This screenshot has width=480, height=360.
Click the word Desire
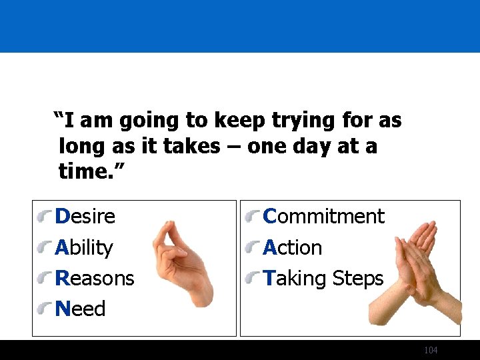point(85,217)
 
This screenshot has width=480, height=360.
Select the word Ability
point(84,248)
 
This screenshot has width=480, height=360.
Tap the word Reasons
point(95,278)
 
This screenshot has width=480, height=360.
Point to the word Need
point(81,309)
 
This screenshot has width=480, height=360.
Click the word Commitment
point(323,217)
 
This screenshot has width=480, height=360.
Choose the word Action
point(293,248)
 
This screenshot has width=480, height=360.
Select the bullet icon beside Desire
point(45,217)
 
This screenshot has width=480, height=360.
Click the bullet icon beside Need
point(45,309)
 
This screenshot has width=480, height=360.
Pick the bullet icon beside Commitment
point(253,217)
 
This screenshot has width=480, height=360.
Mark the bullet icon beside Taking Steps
point(253,279)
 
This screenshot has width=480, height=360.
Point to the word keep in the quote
point(239,121)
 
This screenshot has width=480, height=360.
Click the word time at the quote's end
point(83,172)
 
